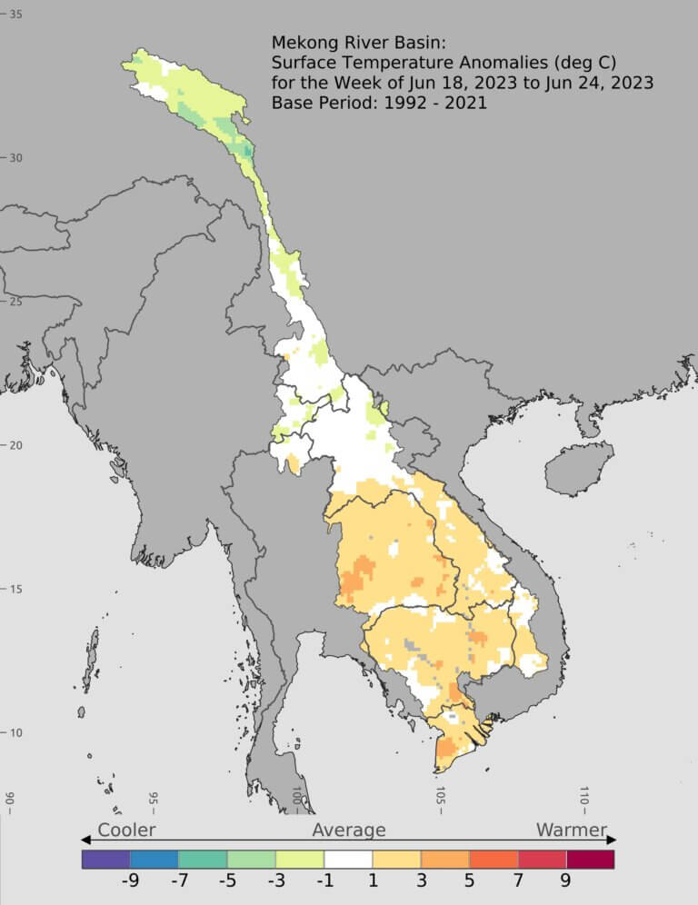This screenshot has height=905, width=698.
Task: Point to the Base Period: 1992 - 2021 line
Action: (379, 104)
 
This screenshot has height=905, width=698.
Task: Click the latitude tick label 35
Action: (16, 15)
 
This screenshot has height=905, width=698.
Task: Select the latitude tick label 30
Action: (16, 158)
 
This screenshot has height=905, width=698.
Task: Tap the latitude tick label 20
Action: (16, 445)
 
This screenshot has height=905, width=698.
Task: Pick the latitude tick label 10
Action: (16, 733)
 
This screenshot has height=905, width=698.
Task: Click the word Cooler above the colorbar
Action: (126, 830)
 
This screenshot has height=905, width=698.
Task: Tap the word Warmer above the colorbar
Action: (571, 830)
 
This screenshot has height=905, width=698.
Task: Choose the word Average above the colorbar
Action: (349, 830)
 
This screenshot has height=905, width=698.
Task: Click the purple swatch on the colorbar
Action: (105, 859)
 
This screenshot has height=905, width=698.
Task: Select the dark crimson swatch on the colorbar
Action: (590, 859)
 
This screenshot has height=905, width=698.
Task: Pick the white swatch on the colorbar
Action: (348, 859)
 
